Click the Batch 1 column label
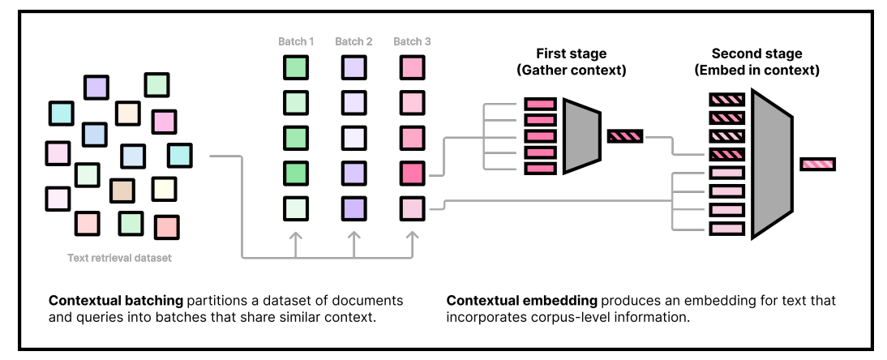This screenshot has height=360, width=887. coord(296,41)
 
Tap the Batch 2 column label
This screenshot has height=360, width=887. coord(354,41)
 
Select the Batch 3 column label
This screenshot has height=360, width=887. coord(412,41)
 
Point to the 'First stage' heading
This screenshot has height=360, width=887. coord(571,54)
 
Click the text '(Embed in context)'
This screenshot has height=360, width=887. coord(756,71)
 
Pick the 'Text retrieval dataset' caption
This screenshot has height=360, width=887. coord(119,259)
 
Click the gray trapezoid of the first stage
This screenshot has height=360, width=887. coord(581,136)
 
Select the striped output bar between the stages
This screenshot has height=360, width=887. coord(625,136)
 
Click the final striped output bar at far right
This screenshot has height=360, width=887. coord(817,165)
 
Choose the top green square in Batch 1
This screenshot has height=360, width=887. coord(296,67)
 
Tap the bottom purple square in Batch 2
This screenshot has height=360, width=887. coord(354,208)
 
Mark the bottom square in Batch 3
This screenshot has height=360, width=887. coord(412,208)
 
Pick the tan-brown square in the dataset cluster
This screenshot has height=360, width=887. coord(122,191)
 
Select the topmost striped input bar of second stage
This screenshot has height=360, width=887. coord(726,101)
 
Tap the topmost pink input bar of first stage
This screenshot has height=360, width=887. coord(540,104)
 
